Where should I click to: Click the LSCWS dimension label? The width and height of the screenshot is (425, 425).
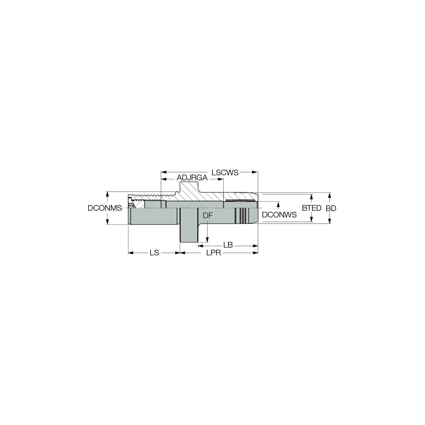tap(225, 172)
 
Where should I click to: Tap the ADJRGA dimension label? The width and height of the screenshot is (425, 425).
tap(192, 178)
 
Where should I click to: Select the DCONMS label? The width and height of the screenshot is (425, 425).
tap(105, 208)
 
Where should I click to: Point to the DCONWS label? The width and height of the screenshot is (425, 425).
tap(279, 215)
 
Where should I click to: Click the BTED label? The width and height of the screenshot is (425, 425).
tap(311, 208)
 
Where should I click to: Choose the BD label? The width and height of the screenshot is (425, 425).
tap(331, 208)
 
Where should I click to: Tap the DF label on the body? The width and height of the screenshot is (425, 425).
tap(208, 216)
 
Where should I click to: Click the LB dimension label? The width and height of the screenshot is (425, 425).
tap(228, 245)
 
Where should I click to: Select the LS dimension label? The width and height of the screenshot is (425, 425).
tap(154, 253)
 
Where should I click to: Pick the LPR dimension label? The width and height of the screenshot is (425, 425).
tap(214, 253)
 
